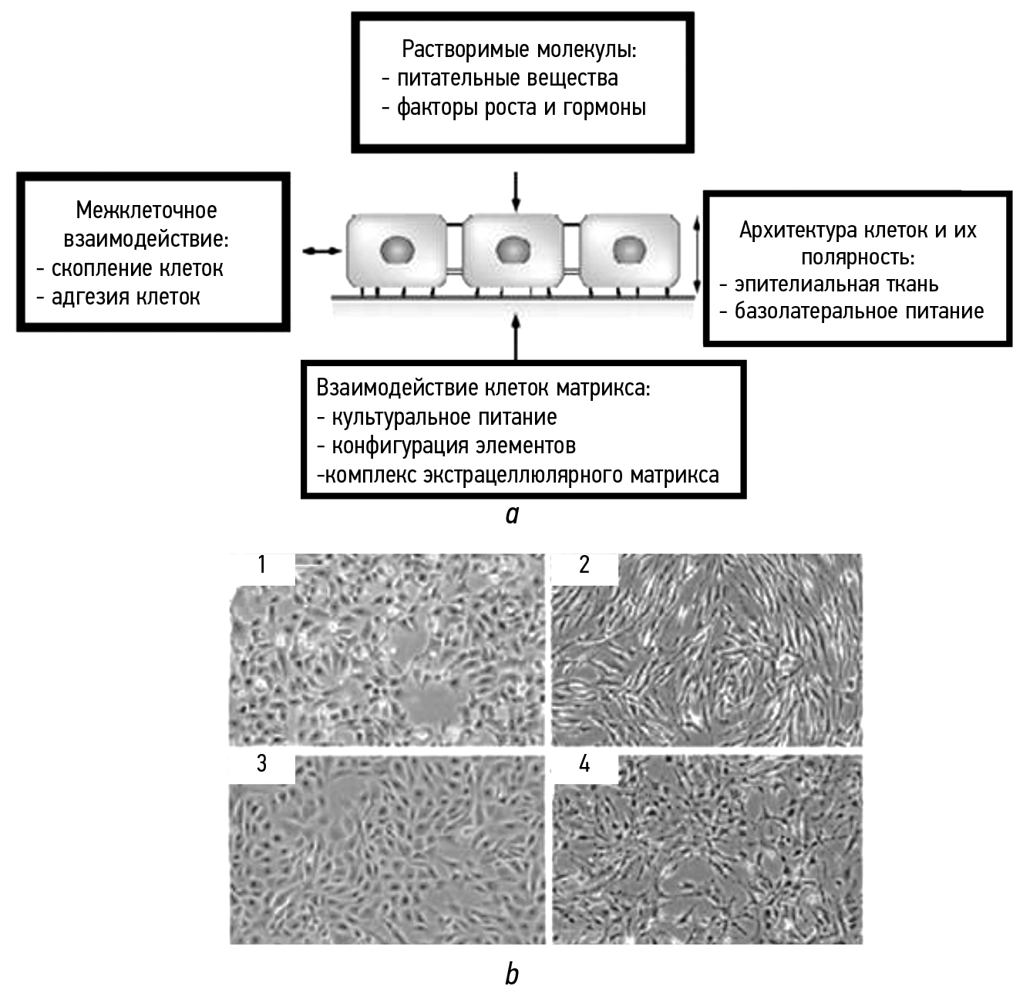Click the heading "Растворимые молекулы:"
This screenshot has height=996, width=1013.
tap(519, 49)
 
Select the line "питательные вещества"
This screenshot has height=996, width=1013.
tap(506, 78)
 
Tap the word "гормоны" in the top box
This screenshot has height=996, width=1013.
tap(604, 107)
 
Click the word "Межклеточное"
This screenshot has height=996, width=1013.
tap(146, 210)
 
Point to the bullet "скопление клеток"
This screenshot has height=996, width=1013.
tap(136, 268)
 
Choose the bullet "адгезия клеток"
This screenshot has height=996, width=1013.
tap(125, 297)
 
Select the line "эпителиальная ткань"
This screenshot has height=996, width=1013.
tap(836, 284)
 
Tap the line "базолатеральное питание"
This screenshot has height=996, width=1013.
tap(858, 311)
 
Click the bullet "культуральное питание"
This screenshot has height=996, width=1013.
tap(443, 417)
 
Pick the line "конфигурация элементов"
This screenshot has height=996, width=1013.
tap(453, 446)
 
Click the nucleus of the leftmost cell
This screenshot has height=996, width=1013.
tap(397, 250)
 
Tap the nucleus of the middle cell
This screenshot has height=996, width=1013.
tap(512, 250)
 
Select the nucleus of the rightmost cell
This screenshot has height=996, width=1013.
tap(628, 249)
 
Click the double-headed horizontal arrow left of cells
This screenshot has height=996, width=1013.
tap(321, 251)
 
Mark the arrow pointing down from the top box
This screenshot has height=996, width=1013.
tap(516, 191)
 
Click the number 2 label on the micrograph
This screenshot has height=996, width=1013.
tap(584, 565)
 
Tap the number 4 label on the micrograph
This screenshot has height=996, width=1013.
tap(584, 764)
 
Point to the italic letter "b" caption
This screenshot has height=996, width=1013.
tap(512, 974)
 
